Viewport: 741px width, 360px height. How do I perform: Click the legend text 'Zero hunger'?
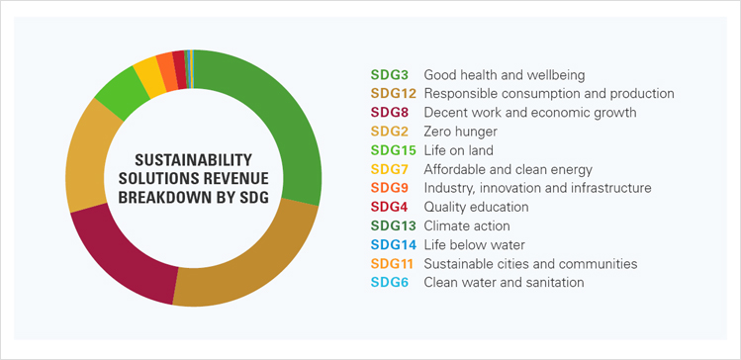point(460,132)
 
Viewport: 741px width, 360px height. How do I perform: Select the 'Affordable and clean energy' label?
point(508,169)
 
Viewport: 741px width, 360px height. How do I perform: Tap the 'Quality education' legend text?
point(476,207)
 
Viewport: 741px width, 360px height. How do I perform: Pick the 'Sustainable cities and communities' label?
point(530,263)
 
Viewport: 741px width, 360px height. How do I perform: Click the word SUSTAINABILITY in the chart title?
point(192,159)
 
